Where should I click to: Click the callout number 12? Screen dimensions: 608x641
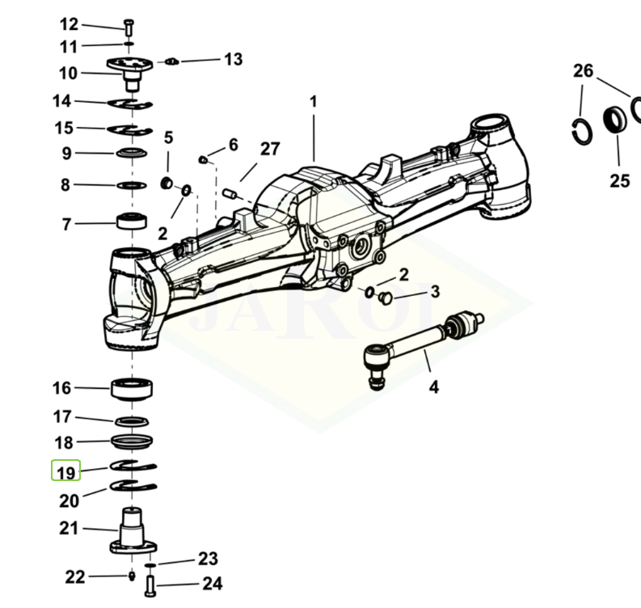(x=70, y=24)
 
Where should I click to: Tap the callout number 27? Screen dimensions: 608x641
(x=270, y=149)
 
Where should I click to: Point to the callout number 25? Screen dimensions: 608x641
(x=620, y=180)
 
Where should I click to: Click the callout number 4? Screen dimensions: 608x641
(x=434, y=387)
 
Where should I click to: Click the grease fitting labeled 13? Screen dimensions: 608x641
(x=171, y=61)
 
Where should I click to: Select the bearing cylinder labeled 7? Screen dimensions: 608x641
(x=131, y=221)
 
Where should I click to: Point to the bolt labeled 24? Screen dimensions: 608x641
(x=150, y=582)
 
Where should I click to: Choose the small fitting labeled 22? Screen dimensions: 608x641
(x=131, y=576)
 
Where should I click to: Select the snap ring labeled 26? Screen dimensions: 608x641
(x=581, y=130)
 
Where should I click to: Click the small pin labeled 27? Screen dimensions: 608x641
(x=230, y=193)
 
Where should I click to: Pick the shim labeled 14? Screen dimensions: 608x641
(x=131, y=103)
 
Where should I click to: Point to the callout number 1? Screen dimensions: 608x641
(x=314, y=102)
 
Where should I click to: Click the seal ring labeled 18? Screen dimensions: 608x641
(x=131, y=441)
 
